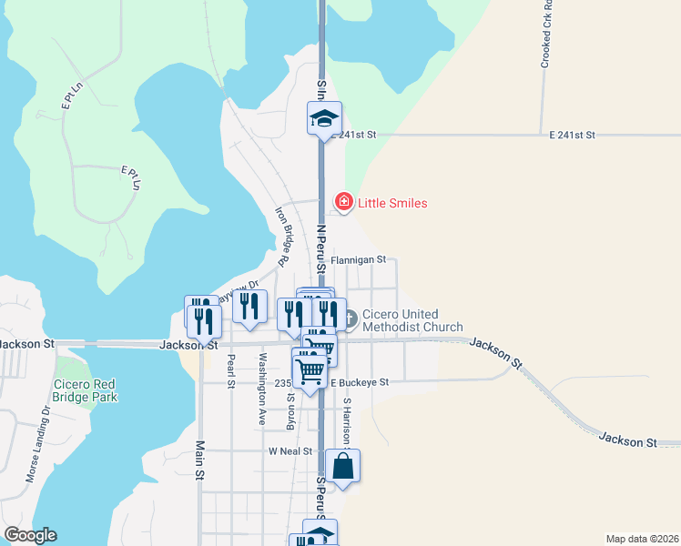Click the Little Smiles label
click(x=392, y=203)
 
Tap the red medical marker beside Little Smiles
click(x=343, y=201)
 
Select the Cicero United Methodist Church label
click(x=412, y=320)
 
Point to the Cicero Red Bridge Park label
click(x=85, y=390)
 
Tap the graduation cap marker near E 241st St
click(x=324, y=118)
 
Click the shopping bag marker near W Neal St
click(x=343, y=467)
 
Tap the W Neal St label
click(x=290, y=451)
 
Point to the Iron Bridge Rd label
click(x=282, y=237)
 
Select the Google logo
click(x=30, y=535)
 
